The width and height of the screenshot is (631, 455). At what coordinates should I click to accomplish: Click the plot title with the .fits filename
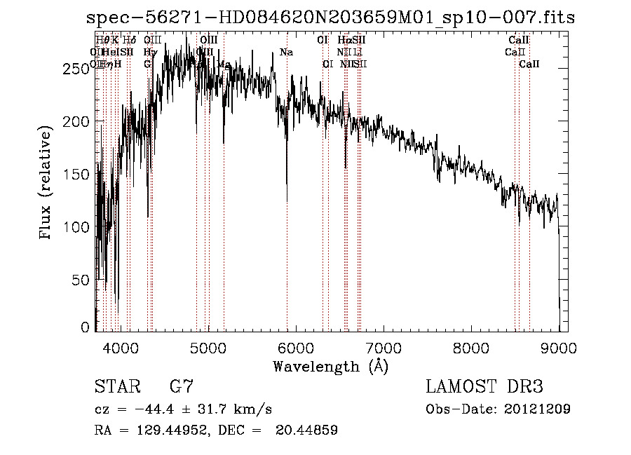(x=330, y=18)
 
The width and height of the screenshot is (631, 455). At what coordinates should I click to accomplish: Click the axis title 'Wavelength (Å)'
(x=330, y=366)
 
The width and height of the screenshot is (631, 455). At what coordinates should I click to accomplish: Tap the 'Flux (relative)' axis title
(x=47, y=184)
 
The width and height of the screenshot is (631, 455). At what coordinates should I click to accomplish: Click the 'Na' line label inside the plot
(x=286, y=52)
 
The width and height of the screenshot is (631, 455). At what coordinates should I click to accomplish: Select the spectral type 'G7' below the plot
(x=182, y=386)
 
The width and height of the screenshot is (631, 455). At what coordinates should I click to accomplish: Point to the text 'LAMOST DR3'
(x=484, y=386)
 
